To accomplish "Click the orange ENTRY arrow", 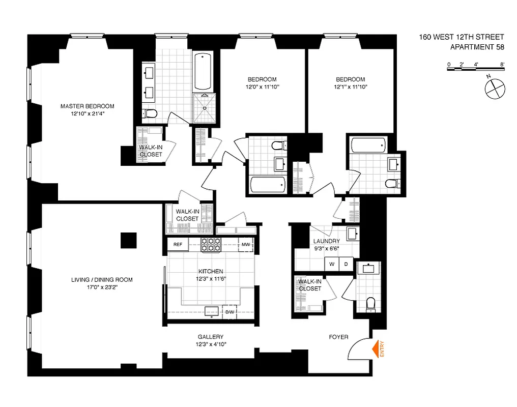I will pos(377,350).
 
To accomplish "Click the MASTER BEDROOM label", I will pos(88,106).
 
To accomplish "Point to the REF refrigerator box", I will pos(178,245).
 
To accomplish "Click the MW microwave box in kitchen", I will pos(246,245).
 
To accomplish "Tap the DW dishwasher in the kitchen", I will pos(229,312).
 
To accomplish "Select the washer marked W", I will pos(332,264).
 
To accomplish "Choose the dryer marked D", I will pos(346,264).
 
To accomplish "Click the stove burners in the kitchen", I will pos(210,245).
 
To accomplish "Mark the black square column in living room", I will pos(129,240).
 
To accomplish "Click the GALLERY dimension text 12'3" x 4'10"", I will pos(211,344).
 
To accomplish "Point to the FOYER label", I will pos(338,337).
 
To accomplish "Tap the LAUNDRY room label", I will pos(327,241).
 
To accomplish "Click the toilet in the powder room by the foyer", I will pos(370,304).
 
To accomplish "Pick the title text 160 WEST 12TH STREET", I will pos(461,37).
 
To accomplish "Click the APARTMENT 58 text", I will pos(477,48).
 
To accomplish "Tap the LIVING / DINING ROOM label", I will pos(102,279).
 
